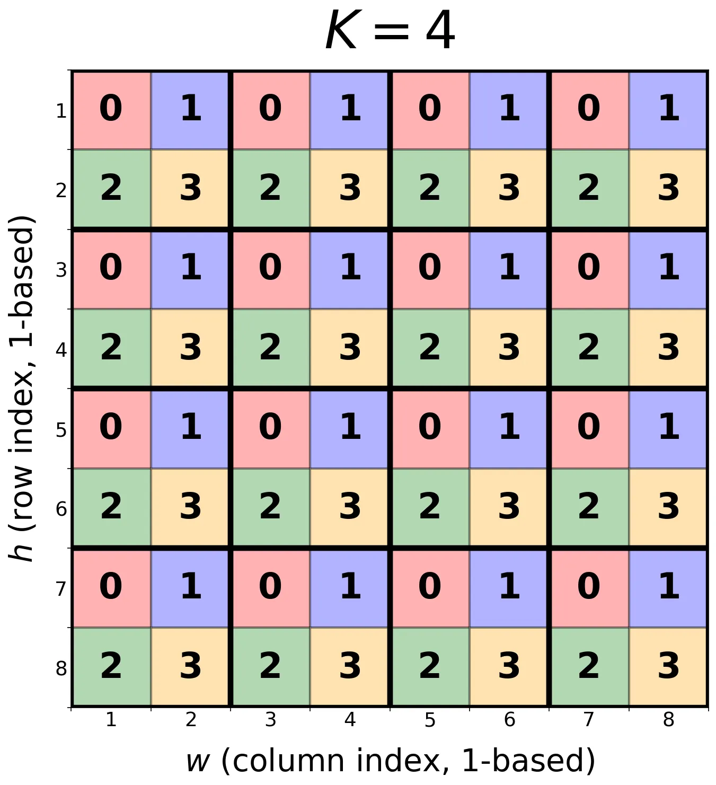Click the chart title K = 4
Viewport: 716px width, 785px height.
(390, 30)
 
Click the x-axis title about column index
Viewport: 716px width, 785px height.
(390, 761)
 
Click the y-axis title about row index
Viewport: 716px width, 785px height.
(22, 388)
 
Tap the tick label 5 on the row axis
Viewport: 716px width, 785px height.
(61, 430)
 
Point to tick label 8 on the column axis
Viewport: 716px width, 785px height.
(669, 719)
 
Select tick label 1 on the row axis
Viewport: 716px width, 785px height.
(61, 111)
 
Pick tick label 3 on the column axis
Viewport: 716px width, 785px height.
(270, 719)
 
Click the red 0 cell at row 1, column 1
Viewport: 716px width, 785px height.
(111, 110)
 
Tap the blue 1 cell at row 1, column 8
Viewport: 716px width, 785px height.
(669, 110)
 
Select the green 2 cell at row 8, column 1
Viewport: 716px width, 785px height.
(111, 667)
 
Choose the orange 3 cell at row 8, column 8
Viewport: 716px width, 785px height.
(669, 667)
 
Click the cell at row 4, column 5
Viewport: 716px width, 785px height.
(430, 349)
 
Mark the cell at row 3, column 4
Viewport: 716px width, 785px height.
(350, 269)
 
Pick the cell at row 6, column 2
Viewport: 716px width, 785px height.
(191, 508)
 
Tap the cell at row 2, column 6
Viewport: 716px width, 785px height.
(509, 189)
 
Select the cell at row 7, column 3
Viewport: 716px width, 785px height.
(270, 588)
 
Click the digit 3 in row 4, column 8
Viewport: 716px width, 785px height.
(669, 348)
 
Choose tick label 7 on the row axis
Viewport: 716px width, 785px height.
(61, 589)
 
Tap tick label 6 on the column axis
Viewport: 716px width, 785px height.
(509, 719)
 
